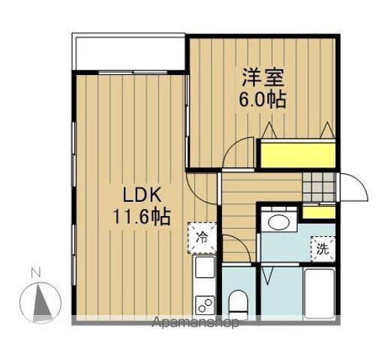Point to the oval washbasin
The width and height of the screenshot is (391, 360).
click(x=279, y=222)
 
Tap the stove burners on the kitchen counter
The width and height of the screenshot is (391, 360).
click(x=204, y=304)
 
